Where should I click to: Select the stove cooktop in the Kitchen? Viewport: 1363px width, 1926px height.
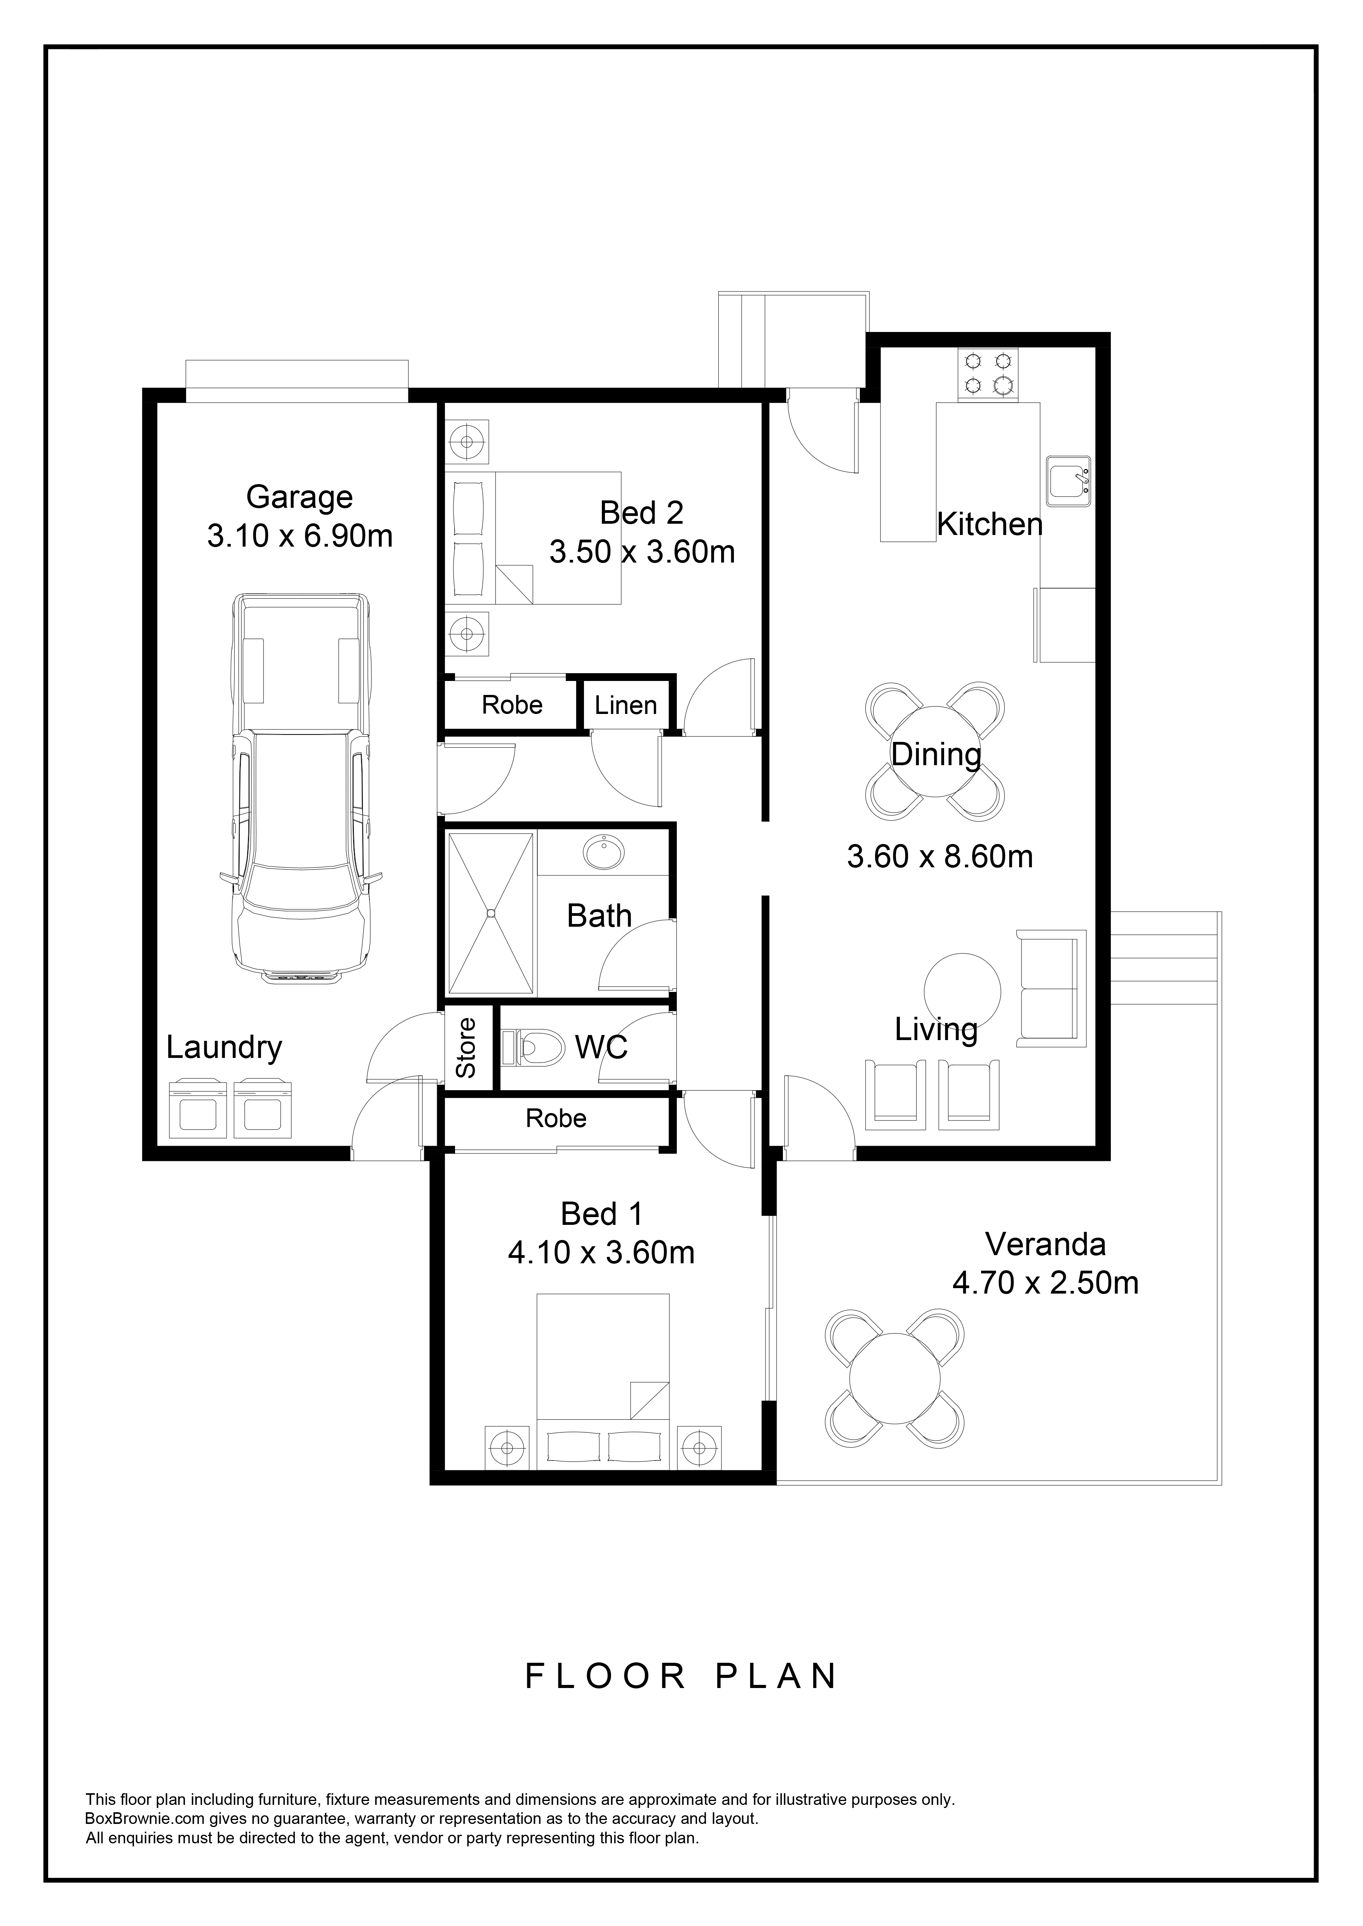[988, 374]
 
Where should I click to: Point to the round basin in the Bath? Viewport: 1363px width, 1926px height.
[603, 853]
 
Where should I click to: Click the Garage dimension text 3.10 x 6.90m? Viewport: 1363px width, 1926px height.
[300, 536]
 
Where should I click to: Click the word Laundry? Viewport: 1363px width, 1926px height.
[224, 1049]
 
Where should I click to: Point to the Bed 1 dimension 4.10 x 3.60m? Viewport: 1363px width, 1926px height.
[601, 1252]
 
